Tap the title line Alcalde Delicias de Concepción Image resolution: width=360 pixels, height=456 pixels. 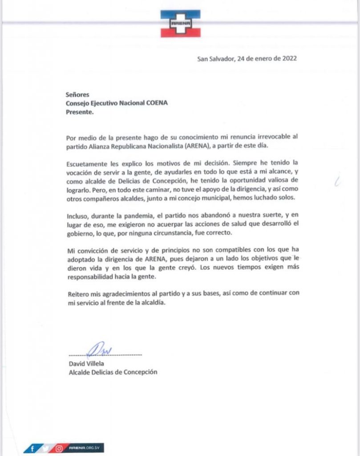pos(110,373)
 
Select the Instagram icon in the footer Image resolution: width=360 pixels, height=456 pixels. pos(58,447)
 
